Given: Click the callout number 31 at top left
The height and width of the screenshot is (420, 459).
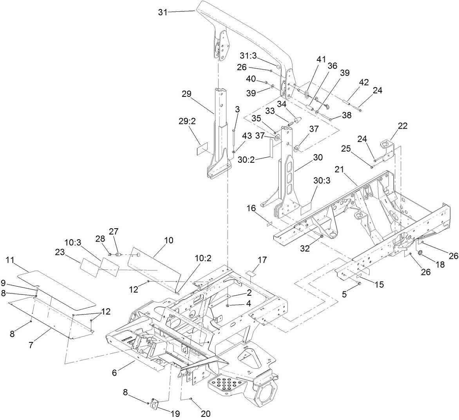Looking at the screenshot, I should [163, 12].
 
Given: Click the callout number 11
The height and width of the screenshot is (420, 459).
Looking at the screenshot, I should [11, 260].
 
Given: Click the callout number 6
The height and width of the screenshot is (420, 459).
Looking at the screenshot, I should [115, 373].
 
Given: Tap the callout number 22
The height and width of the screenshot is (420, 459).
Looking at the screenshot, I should [403, 126].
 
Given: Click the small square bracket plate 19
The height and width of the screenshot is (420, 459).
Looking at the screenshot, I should [155, 404].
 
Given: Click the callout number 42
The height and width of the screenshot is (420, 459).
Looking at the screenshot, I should [363, 82].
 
